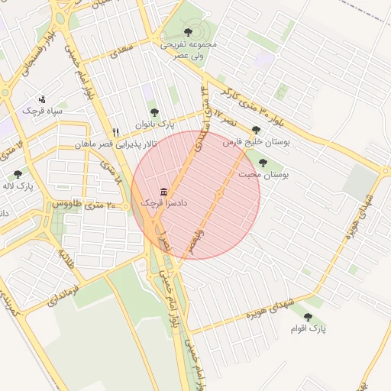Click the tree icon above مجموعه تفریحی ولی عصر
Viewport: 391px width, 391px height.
pyautogui.click(x=189, y=32)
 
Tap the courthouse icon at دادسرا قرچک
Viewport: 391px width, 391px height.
pyautogui.click(x=163, y=191)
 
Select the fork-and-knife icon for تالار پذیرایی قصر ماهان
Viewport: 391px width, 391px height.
pyautogui.click(x=115, y=131)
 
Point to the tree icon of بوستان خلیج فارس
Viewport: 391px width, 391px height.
pyautogui.click(x=256, y=130)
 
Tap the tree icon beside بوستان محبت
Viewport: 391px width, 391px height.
pyautogui.click(x=263, y=163)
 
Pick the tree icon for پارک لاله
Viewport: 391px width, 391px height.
pyautogui.click(x=18, y=175)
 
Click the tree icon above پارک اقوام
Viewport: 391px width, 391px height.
pyautogui.click(x=309, y=316)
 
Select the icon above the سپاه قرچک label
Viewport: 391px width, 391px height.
pyautogui.click(x=42, y=99)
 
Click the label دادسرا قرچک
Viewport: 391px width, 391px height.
pyautogui.click(x=164, y=204)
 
